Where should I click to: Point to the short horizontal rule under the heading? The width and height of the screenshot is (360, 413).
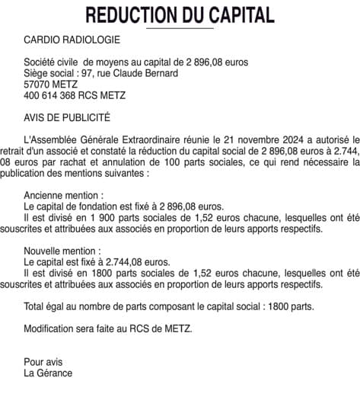(180, 27)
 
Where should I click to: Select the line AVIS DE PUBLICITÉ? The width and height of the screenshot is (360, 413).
(67, 117)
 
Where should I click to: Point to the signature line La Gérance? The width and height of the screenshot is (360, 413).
(48, 373)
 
